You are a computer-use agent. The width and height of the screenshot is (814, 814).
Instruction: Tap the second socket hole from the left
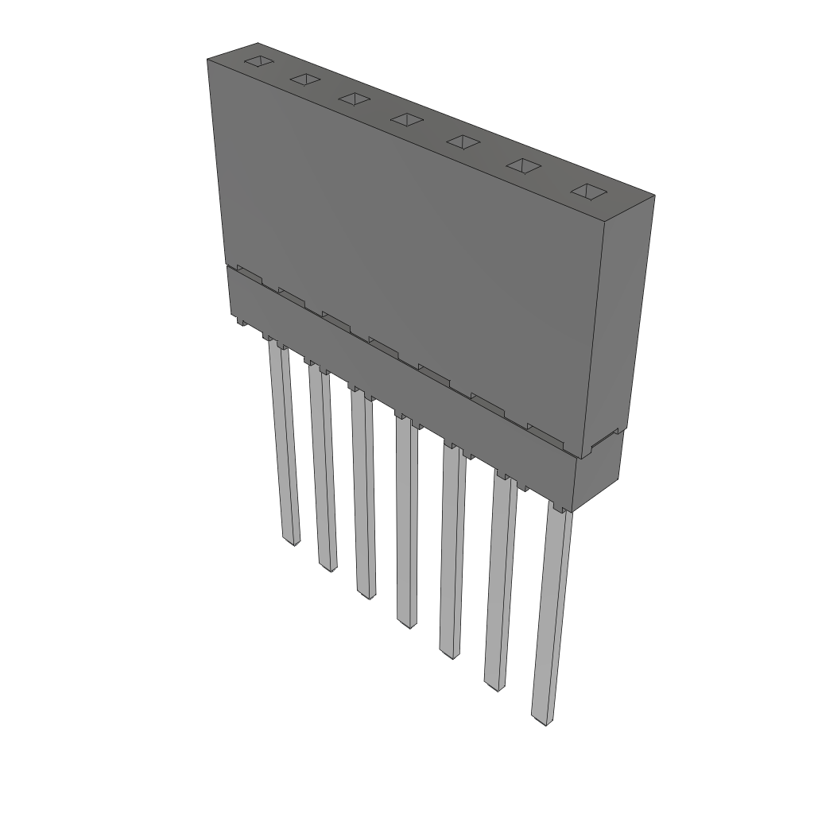(x=304, y=79)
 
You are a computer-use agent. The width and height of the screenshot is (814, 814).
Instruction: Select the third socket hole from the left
(x=354, y=99)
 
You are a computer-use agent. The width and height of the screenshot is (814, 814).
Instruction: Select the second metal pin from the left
(x=322, y=469)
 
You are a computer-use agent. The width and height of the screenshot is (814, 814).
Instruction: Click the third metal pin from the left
(x=363, y=493)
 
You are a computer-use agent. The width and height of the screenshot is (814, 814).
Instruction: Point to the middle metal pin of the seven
(x=406, y=521)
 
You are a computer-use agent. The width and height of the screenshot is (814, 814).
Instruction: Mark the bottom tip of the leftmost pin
(x=293, y=541)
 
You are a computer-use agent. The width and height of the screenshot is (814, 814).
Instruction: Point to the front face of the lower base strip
(x=397, y=382)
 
